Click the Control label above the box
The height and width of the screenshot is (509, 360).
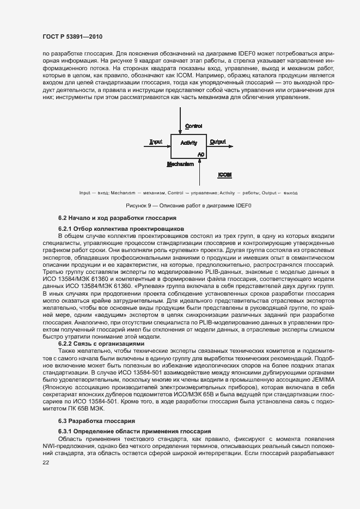(x=193, y=126)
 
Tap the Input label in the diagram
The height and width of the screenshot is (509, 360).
(x=156, y=142)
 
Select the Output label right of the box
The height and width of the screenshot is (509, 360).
(x=218, y=142)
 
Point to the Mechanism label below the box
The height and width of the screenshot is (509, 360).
(x=180, y=163)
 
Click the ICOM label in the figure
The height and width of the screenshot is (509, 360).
(x=225, y=175)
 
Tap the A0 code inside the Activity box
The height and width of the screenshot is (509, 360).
(x=201, y=155)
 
